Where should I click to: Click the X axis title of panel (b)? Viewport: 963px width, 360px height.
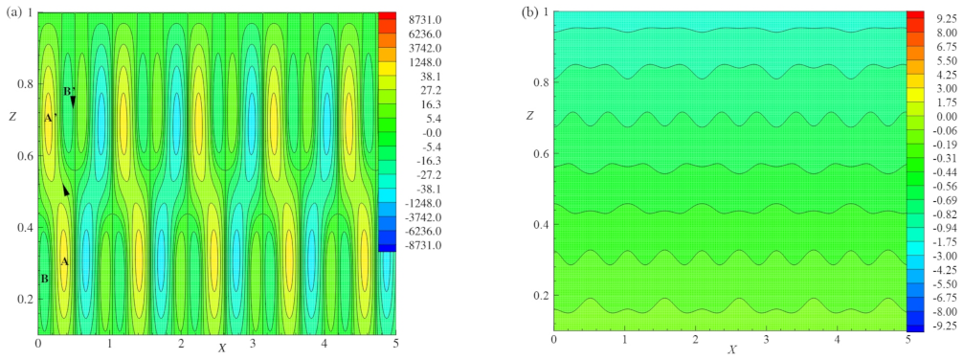point(732,349)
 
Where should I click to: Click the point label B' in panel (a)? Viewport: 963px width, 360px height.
point(69,92)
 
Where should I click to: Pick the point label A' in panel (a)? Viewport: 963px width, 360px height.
point(50,118)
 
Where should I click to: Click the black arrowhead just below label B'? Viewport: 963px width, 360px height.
point(73,101)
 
